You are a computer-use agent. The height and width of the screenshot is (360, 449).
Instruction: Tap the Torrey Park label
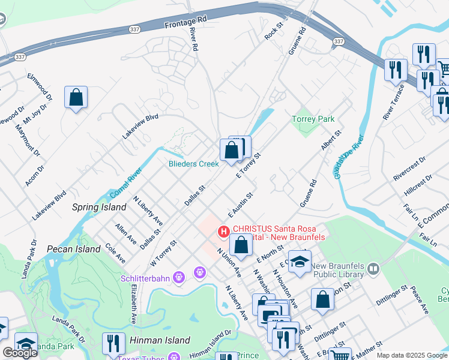313,119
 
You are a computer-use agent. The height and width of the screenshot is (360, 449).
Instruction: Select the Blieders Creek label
193,164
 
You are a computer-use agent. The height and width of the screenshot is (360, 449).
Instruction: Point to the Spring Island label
99,208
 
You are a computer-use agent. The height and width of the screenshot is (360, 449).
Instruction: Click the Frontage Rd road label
185,22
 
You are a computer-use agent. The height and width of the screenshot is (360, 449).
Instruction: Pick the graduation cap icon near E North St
300,261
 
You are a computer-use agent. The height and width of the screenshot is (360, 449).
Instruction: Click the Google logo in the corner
20,353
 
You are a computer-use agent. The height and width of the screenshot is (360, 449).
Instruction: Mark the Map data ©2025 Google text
411,355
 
